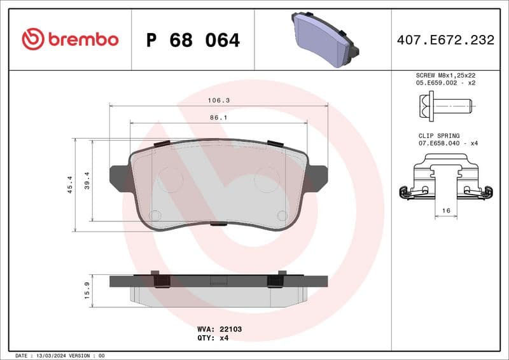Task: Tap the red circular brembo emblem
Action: pos(33,39)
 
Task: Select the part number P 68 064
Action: pos(193,40)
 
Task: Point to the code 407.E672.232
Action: pos(445,40)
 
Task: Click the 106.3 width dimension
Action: pos(218,100)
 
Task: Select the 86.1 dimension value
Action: pos(218,118)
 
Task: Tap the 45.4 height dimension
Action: pos(69,184)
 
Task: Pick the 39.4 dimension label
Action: pos(87,181)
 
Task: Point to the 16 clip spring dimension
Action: pos(446,211)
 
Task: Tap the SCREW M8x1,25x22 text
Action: pos(445,75)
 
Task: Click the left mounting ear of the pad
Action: pos(119,177)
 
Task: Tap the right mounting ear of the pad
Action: pos(318,177)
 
